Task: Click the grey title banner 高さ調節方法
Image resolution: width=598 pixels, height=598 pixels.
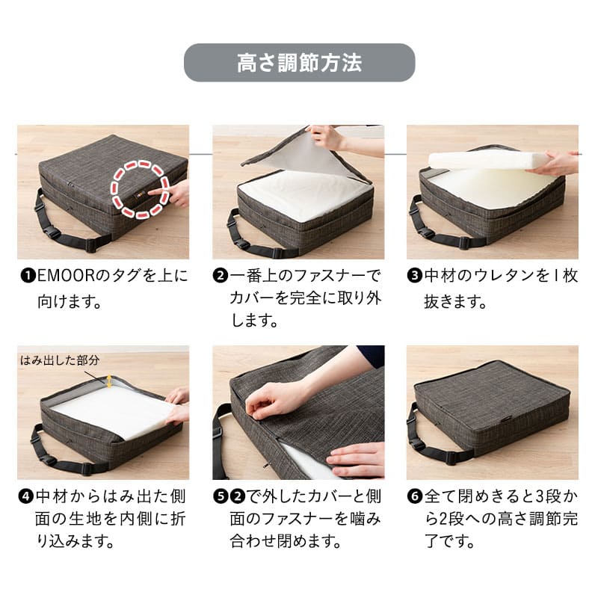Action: point(300,63)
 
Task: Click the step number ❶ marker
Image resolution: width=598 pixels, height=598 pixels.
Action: point(28,275)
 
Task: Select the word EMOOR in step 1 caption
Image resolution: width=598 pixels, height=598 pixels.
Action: point(66,275)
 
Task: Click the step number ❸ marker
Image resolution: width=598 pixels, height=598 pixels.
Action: point(415,275)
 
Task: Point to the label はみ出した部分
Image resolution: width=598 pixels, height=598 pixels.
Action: point(60,360)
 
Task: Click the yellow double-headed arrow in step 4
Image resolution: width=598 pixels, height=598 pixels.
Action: point(109,381)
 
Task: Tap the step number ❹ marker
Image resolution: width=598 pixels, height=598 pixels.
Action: point(26,496)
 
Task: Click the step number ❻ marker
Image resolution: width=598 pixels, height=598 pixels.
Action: point(415,496)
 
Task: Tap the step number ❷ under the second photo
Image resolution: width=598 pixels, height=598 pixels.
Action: point(221,275)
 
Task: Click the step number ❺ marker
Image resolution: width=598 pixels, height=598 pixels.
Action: point(221,496)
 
